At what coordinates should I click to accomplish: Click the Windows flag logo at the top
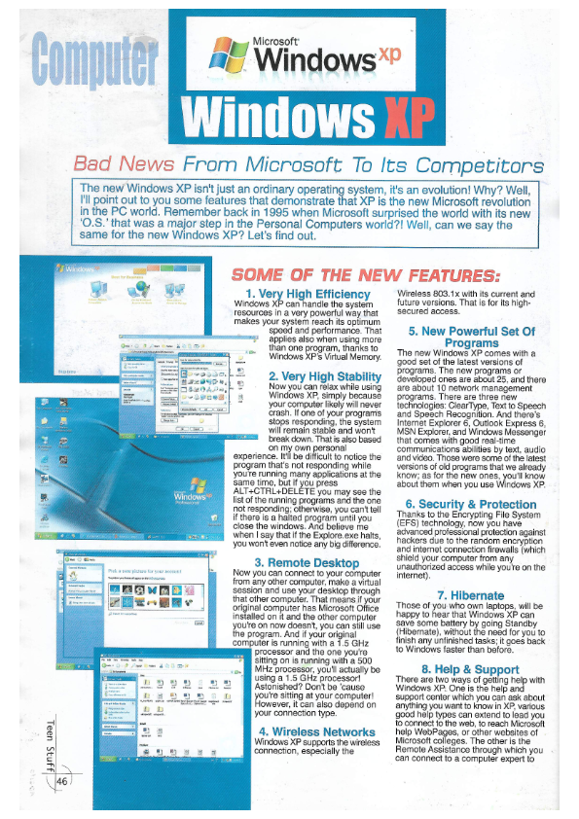pos(232,55)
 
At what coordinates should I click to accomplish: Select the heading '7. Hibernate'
pos(471,595)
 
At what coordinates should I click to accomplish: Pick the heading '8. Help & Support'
pos(471,668)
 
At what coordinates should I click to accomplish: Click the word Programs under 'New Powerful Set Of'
pos(471,342)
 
